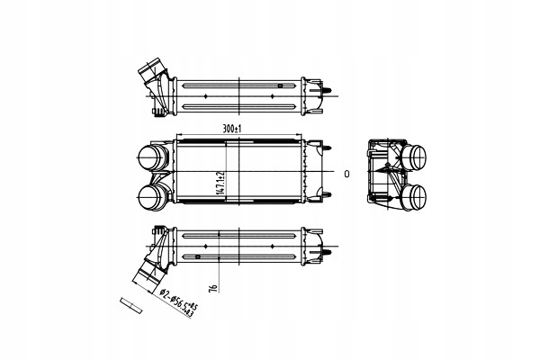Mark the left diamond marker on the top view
pos(206,94)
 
